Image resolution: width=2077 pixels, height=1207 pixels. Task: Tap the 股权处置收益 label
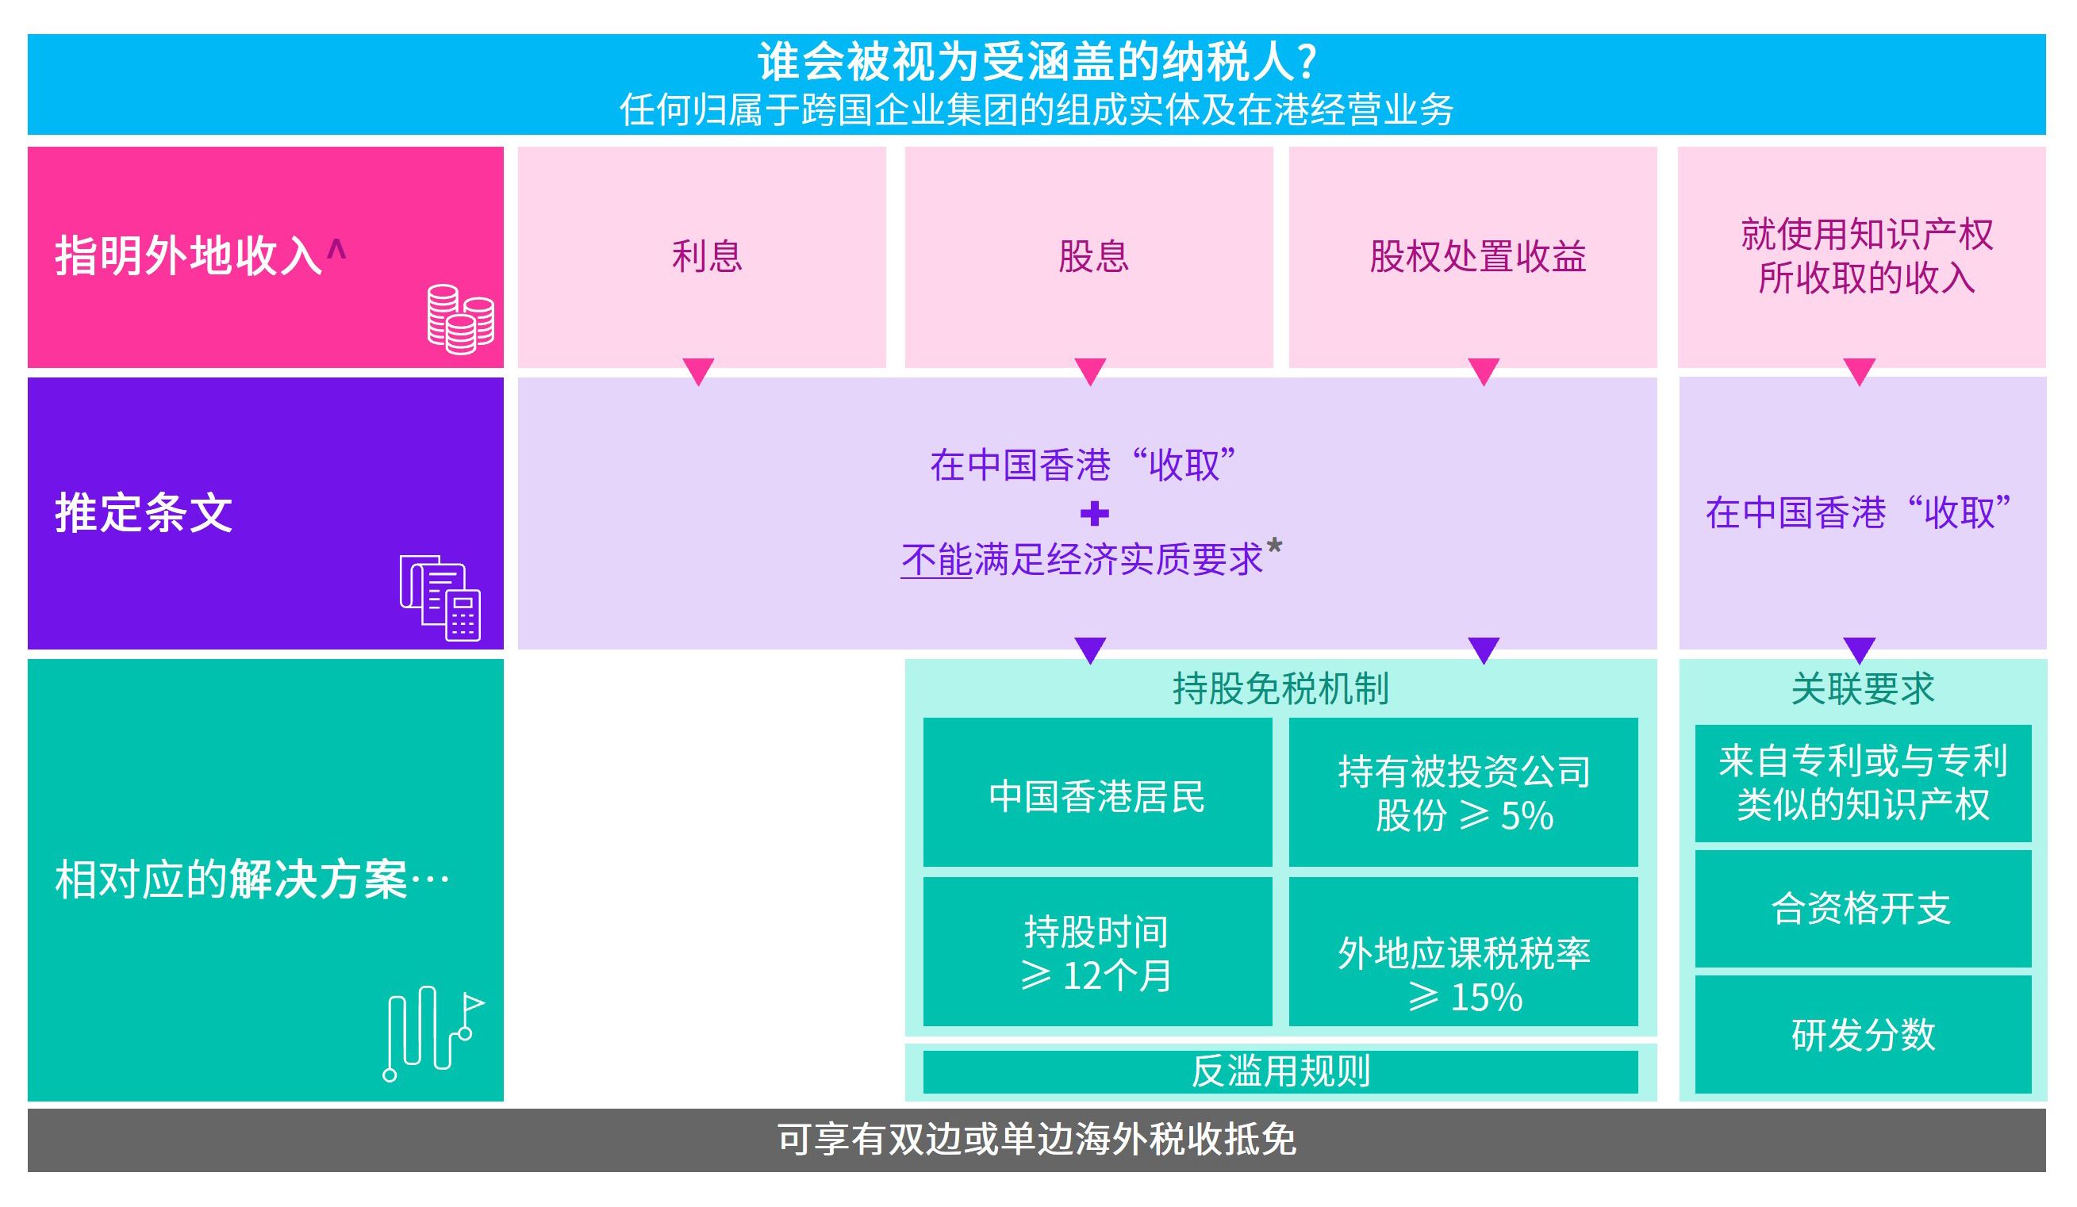point(1477,256)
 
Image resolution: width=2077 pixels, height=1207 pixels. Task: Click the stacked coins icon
point(460,319)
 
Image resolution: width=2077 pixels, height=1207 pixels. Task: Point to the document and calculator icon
point(440,597)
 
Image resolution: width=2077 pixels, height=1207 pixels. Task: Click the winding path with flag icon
point(432,1033)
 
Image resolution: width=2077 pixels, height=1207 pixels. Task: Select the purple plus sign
point(1094,513)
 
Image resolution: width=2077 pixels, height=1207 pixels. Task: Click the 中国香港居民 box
point(1096,796)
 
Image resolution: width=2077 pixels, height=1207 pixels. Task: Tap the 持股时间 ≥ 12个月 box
point(1096,953)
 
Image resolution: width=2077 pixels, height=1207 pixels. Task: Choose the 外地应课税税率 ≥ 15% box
point(1463,974)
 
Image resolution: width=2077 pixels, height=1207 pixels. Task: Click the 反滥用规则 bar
point(1280,1071)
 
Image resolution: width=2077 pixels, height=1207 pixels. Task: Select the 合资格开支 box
point(1861,909)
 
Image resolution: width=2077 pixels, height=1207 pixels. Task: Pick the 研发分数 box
point(1862,1035)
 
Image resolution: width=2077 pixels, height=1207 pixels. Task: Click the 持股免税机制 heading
point(1280,688)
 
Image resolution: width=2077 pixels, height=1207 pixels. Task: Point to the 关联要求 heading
point(1862,688)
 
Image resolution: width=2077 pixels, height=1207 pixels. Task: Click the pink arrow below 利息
point(698,371)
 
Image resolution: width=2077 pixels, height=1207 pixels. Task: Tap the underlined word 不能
point(936,560)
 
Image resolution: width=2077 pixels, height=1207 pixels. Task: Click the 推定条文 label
point(144,512)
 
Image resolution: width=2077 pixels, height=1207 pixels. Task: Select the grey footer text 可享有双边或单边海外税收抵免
point(1036,1140)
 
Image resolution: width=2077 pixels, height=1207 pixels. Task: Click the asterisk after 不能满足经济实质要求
point(1274,545)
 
